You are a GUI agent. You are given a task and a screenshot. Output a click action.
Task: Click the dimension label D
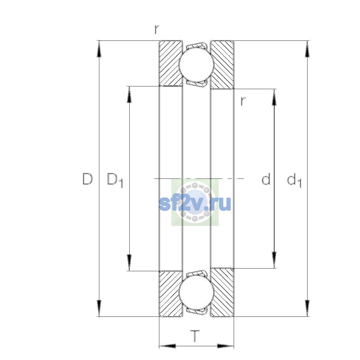87,179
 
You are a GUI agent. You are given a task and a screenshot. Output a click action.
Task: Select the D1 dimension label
115,180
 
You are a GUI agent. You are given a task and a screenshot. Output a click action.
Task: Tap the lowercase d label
266,179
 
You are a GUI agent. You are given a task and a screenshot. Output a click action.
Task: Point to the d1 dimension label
294,180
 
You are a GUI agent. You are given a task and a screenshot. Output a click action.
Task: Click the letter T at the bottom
195,336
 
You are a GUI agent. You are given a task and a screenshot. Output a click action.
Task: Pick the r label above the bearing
157,29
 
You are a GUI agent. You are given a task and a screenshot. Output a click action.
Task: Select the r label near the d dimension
243,101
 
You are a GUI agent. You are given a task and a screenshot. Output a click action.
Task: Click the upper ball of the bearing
196,64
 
